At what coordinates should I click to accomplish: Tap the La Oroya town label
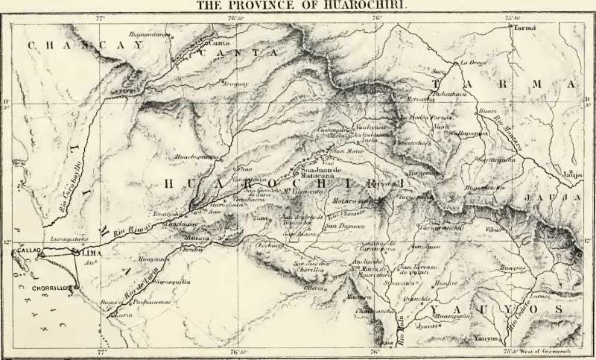tap(472, 63)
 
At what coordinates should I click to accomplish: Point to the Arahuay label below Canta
tap(235, 83)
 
